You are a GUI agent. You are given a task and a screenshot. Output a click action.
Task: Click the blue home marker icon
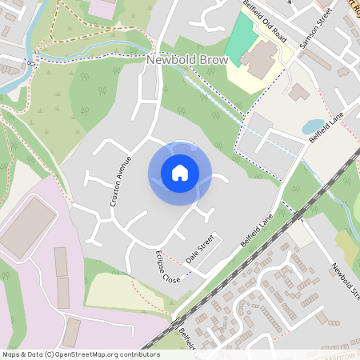[180, 173]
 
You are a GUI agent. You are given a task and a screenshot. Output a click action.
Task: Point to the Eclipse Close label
[167, 268]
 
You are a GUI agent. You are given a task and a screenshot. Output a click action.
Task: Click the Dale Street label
[201, 250]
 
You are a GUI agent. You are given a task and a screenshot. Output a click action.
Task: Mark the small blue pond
[312, 126]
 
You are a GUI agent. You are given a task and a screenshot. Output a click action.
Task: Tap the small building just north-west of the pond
[299, 93]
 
